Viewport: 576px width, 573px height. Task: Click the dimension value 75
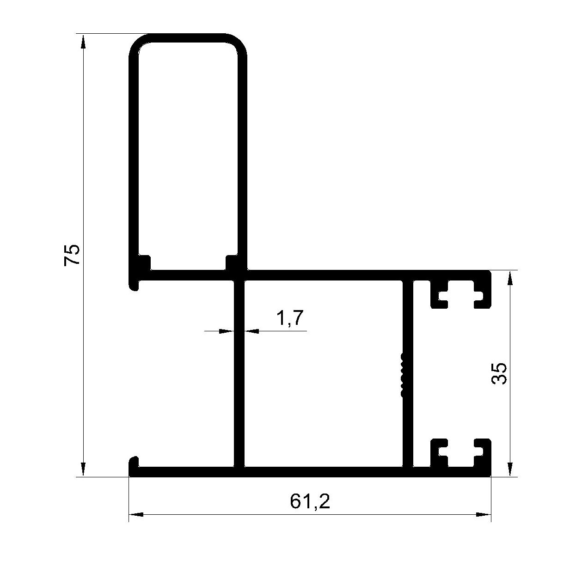pos(72,255)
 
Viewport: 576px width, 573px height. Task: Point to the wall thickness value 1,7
pos(290,318)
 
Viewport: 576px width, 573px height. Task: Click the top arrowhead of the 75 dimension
pos(83,41)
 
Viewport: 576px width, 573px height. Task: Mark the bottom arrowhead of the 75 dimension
pos(83,469)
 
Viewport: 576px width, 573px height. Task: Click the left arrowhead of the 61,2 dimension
pos(136,515)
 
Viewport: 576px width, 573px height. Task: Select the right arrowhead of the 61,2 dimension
pos(484,515)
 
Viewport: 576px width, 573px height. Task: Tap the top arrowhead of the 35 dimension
pos(510,278)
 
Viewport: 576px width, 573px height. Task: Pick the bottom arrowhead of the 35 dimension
pos(510,469)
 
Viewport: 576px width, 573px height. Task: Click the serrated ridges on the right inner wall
pos(402,375)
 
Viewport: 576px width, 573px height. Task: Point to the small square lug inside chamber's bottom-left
pos(144,262)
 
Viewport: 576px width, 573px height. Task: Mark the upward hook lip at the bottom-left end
pos(134,465)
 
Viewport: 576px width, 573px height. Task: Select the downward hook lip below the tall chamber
pos(134,285)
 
